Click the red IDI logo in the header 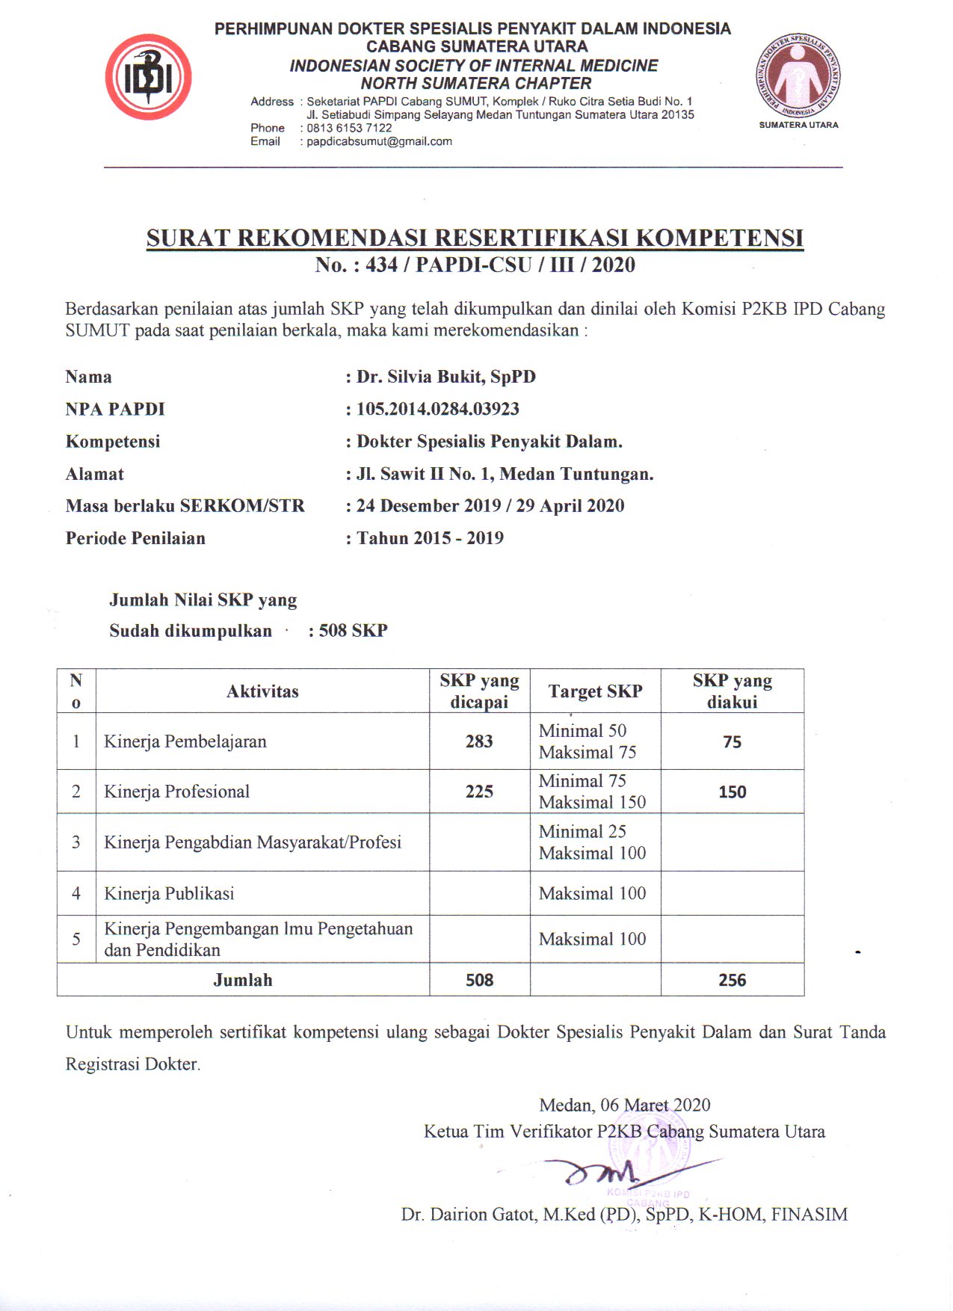coord(148,78)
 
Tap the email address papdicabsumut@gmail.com coord(379,141)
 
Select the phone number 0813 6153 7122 coord(349,128)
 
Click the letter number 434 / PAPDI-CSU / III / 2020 coord(500,265)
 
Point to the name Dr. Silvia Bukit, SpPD coord(445,377)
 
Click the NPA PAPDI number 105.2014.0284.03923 coord(437,409)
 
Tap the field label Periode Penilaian coord(135,538)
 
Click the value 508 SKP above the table coord(353,630)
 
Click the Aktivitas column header coord(262,691)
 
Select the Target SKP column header coord(595,691)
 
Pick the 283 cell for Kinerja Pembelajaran coord(479,741)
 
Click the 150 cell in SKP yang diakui coord(732,792)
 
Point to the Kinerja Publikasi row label coord(169,893)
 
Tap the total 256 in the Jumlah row coord(732,980)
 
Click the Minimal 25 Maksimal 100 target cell coord(592,842)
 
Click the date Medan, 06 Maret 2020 coord(625,1105)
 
